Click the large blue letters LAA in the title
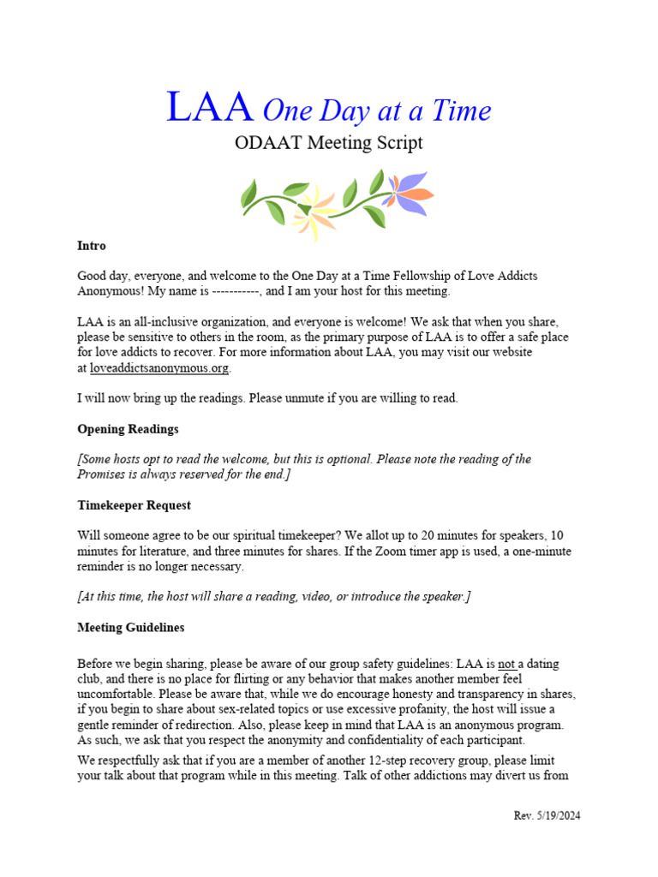click(209, 109)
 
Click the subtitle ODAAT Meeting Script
click(329, 142)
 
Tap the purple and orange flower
click(406, 192)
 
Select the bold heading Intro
click(92, 246)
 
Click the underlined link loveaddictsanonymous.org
click(159, 368)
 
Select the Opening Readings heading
click(128, 429)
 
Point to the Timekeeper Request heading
click(134, 505)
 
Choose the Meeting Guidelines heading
click(131, 628)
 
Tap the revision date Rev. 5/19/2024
click(541, 815)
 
